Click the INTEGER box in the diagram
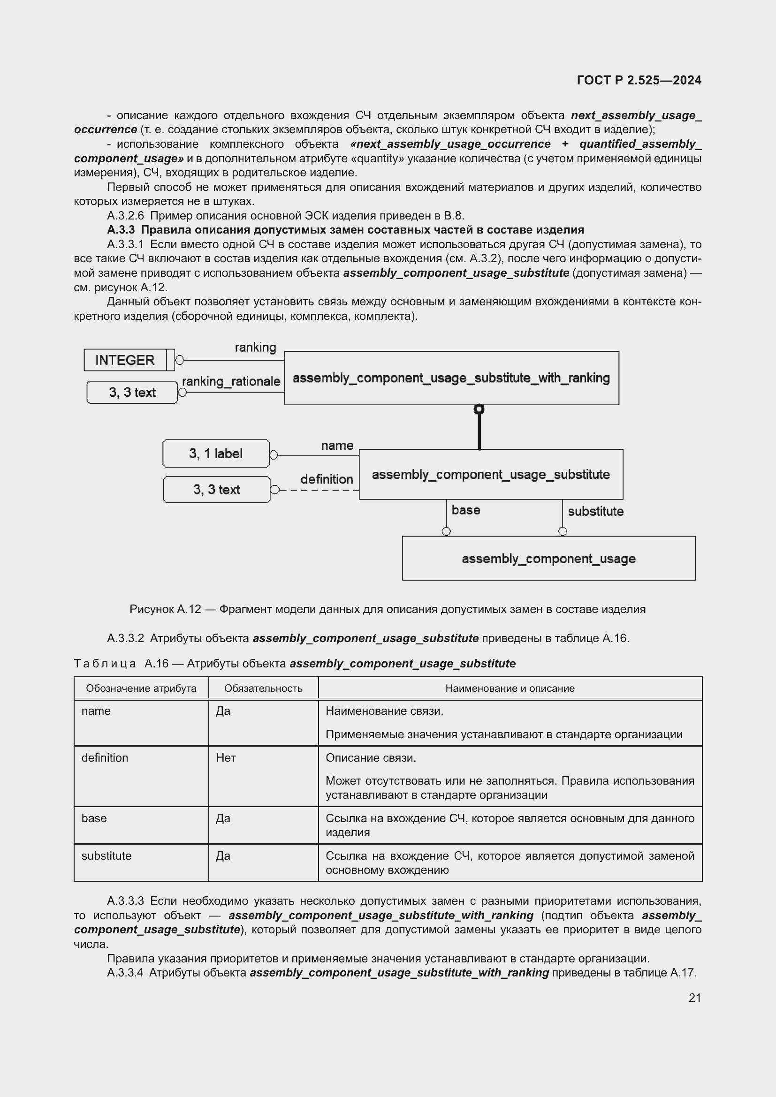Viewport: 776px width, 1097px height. tap(125, 360)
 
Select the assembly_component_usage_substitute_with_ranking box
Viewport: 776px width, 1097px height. tap(451, 378)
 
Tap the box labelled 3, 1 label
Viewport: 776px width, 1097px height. tap(216, 454)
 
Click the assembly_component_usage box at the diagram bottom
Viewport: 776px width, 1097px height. tap(548, 558)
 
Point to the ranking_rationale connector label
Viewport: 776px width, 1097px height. tap(231, 381)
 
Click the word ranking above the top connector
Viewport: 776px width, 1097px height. tap(255, 348)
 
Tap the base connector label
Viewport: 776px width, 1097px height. tap(465, 510)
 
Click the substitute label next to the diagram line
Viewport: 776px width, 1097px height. tap(595, 511)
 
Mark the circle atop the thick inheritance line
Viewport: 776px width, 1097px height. tap(479, 409)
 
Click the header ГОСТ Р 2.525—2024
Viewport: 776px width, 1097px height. tap(639, 80)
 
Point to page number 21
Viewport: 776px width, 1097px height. tap(695, 998)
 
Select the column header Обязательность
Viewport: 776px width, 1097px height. tap(263, 688)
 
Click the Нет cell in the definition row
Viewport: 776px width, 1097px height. tap(226, 758)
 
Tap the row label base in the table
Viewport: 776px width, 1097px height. tap(94, 818)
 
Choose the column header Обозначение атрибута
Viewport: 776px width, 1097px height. tap(141, 688)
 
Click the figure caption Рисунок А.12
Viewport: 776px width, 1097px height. tap(387, 609)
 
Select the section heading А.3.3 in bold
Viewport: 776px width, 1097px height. tap(345, 230)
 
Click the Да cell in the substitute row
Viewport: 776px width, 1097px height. tap(223, 856)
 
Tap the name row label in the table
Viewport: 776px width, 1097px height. tap(96, 711)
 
